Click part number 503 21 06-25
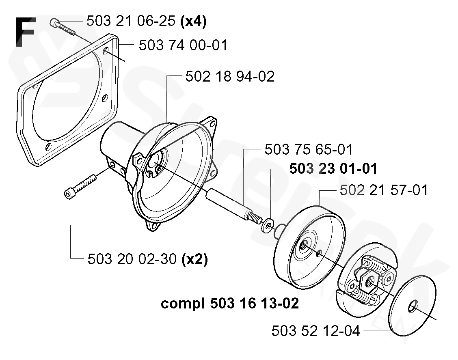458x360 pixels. click(131, 21)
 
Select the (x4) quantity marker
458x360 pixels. click(193, 21)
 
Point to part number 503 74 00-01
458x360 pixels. click(183, 45)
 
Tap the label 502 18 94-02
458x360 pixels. click(230, 76)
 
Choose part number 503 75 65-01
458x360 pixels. click(309, 149)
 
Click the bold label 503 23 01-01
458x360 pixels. click(333, 169)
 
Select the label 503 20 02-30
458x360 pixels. click(132, 259)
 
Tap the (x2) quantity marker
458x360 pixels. click(194, 259)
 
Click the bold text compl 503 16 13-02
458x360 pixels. click(230, 303)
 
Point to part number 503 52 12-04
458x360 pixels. click(316, 331)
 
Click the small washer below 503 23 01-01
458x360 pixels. click(268, 224)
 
